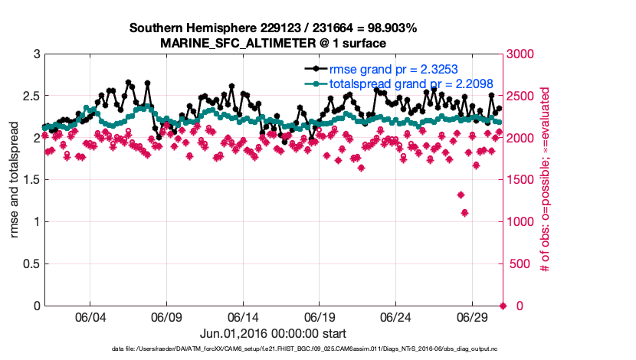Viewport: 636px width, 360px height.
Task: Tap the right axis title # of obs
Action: pos(545,180)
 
